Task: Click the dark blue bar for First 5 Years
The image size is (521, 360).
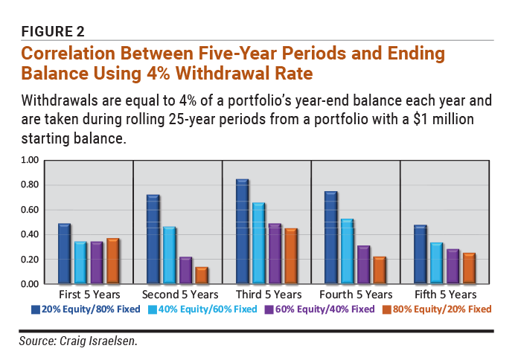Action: (64, 254)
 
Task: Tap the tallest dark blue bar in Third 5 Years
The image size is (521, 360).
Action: (243, 231)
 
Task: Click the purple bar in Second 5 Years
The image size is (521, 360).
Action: (185, 270)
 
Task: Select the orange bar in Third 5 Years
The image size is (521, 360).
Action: (292, 256)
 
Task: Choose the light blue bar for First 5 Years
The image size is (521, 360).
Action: (80, 263)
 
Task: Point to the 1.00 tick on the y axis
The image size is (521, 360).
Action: (29, 160)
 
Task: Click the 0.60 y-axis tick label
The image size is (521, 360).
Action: (29, 210)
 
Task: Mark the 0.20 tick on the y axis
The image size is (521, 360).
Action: (29, 259)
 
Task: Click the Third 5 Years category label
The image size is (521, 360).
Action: (266, 294)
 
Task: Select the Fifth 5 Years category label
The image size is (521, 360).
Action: (444, 294)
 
